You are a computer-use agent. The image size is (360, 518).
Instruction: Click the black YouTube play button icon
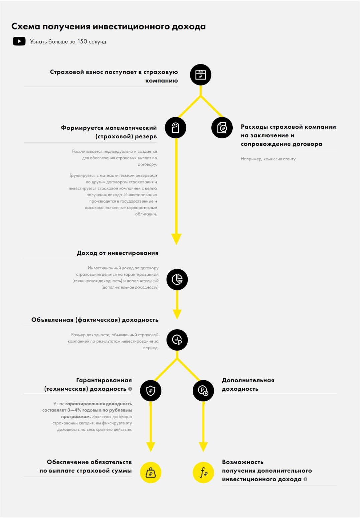[x=19, y=41]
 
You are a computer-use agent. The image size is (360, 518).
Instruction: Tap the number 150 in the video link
[x=82, y=42]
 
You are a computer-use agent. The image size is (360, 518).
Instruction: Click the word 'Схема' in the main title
[x=26, y=27]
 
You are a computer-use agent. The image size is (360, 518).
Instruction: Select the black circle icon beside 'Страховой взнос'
[x=201, y=75]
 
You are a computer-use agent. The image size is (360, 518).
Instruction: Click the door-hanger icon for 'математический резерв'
[x=176, y=128]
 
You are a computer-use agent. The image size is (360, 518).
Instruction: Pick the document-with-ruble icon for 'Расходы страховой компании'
[x=222, y=128]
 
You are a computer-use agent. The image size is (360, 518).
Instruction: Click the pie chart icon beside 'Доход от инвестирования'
[x=177, y=279]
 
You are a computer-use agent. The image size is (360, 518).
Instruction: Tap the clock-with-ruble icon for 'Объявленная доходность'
[x=177, y=340]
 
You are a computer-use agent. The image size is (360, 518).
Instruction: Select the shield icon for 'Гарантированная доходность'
[x=151, y=391]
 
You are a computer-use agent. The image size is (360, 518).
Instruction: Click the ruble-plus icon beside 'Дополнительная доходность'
[x=203, y=391]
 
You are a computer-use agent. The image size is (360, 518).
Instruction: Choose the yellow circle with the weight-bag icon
[x=151, y=473]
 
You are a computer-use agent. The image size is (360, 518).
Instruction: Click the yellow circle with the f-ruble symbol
[x=203, y=473]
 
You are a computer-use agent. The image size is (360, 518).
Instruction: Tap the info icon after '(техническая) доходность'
[x=130, y=389]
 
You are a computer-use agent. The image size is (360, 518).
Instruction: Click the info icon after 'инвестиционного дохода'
[x=305, y=479]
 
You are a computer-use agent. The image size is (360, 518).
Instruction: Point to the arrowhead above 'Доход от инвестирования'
[x=176, y=239]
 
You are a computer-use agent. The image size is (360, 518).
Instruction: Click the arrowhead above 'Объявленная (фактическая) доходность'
[x=177, y=314]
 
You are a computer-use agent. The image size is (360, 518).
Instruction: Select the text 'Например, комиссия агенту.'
[x=268, y=159]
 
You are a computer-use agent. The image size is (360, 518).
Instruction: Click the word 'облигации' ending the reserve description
[x=146, y=214]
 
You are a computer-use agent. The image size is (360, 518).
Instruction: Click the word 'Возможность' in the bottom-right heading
[x=243, y=462]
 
